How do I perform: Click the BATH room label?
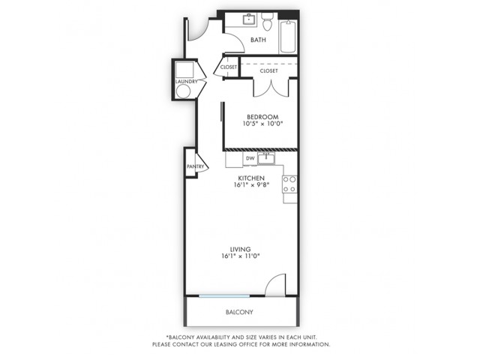pos(258,40)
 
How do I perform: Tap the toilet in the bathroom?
pos(267,22)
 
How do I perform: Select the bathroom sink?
pos(250,19)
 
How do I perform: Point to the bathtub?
pos(288,37)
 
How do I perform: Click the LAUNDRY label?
pos(186,82)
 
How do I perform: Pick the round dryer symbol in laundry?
pos(183,91)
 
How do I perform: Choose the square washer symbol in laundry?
pos(184,70)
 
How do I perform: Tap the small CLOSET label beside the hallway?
pos(229,67)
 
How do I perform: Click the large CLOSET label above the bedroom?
pos(268,71)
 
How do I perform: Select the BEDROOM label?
pos(262,117)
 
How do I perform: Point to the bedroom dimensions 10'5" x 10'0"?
pos(262,124)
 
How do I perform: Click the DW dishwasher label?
pos(250,158)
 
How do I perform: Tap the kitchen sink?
pos(266,158)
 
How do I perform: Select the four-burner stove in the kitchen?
pos(289,184)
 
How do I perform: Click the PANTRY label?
pos(195,166)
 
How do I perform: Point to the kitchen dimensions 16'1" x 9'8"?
pos(251,184)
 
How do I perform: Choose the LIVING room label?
pos(240,250)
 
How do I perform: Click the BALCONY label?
pos(239,312)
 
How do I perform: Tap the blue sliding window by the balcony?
pos(224,296)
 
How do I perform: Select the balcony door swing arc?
pos(273,281)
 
